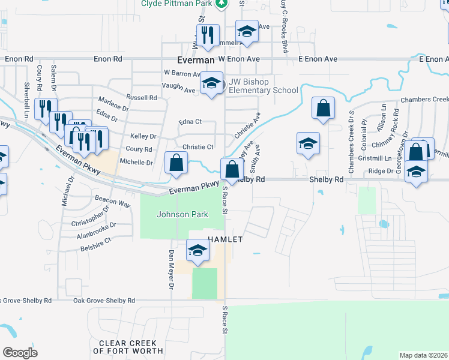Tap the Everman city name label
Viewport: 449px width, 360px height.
[196, 61]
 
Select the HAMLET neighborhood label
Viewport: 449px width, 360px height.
[225, 239]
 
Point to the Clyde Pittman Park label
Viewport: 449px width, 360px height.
[177, 4]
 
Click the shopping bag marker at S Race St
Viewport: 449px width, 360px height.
[232, 170]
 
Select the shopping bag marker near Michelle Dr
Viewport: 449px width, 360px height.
[176, 164]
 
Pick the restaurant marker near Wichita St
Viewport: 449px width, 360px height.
[208, 36]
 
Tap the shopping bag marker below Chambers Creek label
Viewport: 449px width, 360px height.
[323, 109]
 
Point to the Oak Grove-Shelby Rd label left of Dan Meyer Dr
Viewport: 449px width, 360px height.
[104, 300]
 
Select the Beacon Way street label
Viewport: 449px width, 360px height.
[113, 200]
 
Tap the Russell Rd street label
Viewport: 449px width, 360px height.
[141, 97]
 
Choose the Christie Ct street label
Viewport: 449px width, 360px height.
[198, 147]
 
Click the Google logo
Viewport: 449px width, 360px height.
[20, 352]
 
